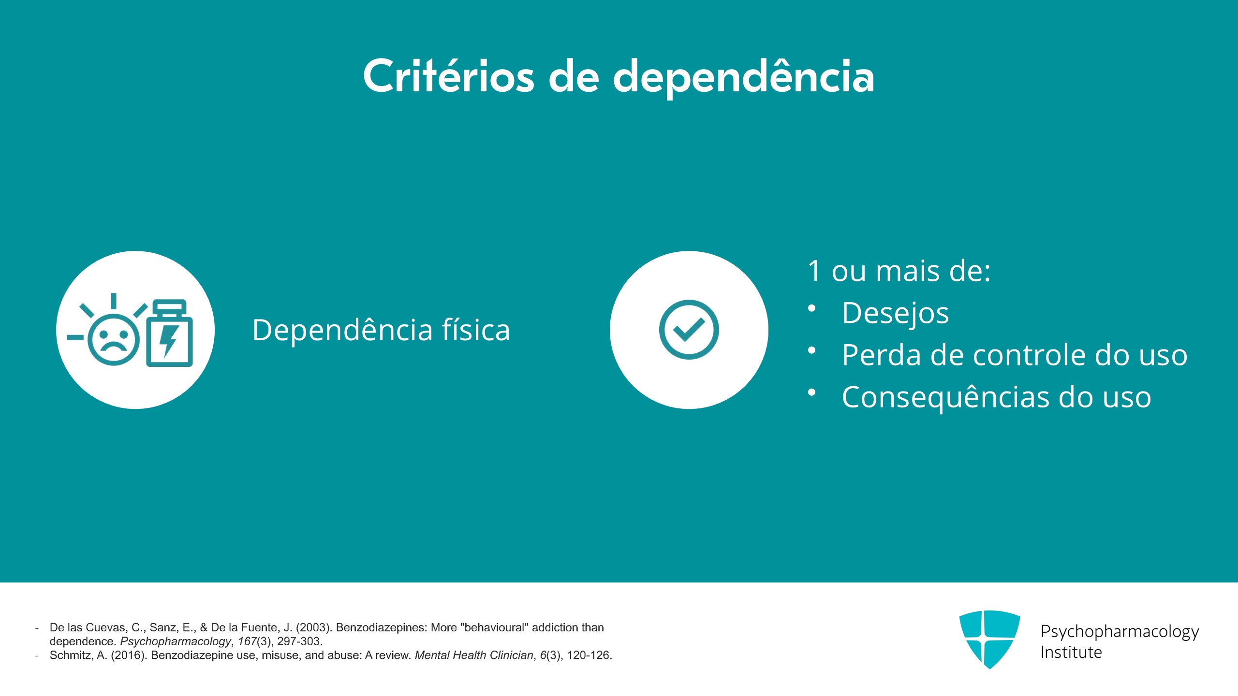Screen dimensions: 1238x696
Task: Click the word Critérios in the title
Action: [449, 76]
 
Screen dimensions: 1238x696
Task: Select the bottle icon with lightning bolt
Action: [170, 333]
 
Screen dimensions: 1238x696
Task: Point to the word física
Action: [476, 330]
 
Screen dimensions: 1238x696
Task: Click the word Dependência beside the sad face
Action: [342, 330]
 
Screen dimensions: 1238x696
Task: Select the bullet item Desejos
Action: [895, 313]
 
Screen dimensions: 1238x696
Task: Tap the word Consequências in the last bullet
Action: [946, 397]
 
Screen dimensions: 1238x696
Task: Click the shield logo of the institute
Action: [989, 638]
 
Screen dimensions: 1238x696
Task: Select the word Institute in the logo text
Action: [1071, 652]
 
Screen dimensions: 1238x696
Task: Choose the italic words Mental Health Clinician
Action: [474, 655]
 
